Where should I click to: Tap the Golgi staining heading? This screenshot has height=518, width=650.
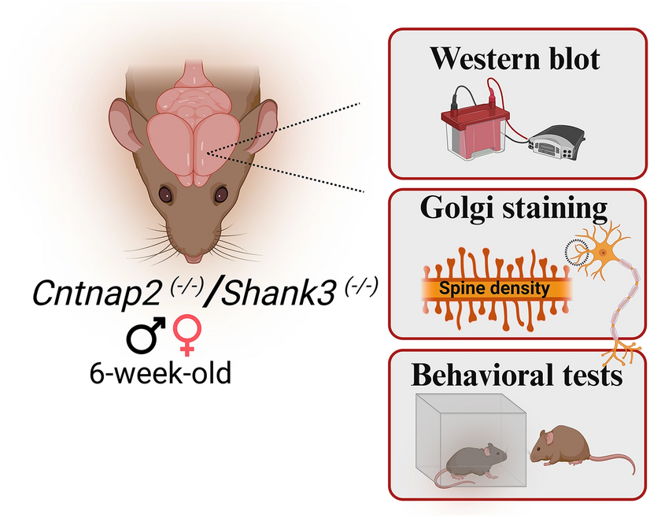[515, 209]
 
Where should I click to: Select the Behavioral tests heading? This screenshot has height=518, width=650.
[517, 376]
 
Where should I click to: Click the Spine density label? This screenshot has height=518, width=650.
[495, 288]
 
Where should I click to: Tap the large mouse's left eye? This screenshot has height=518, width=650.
[164, 192]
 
